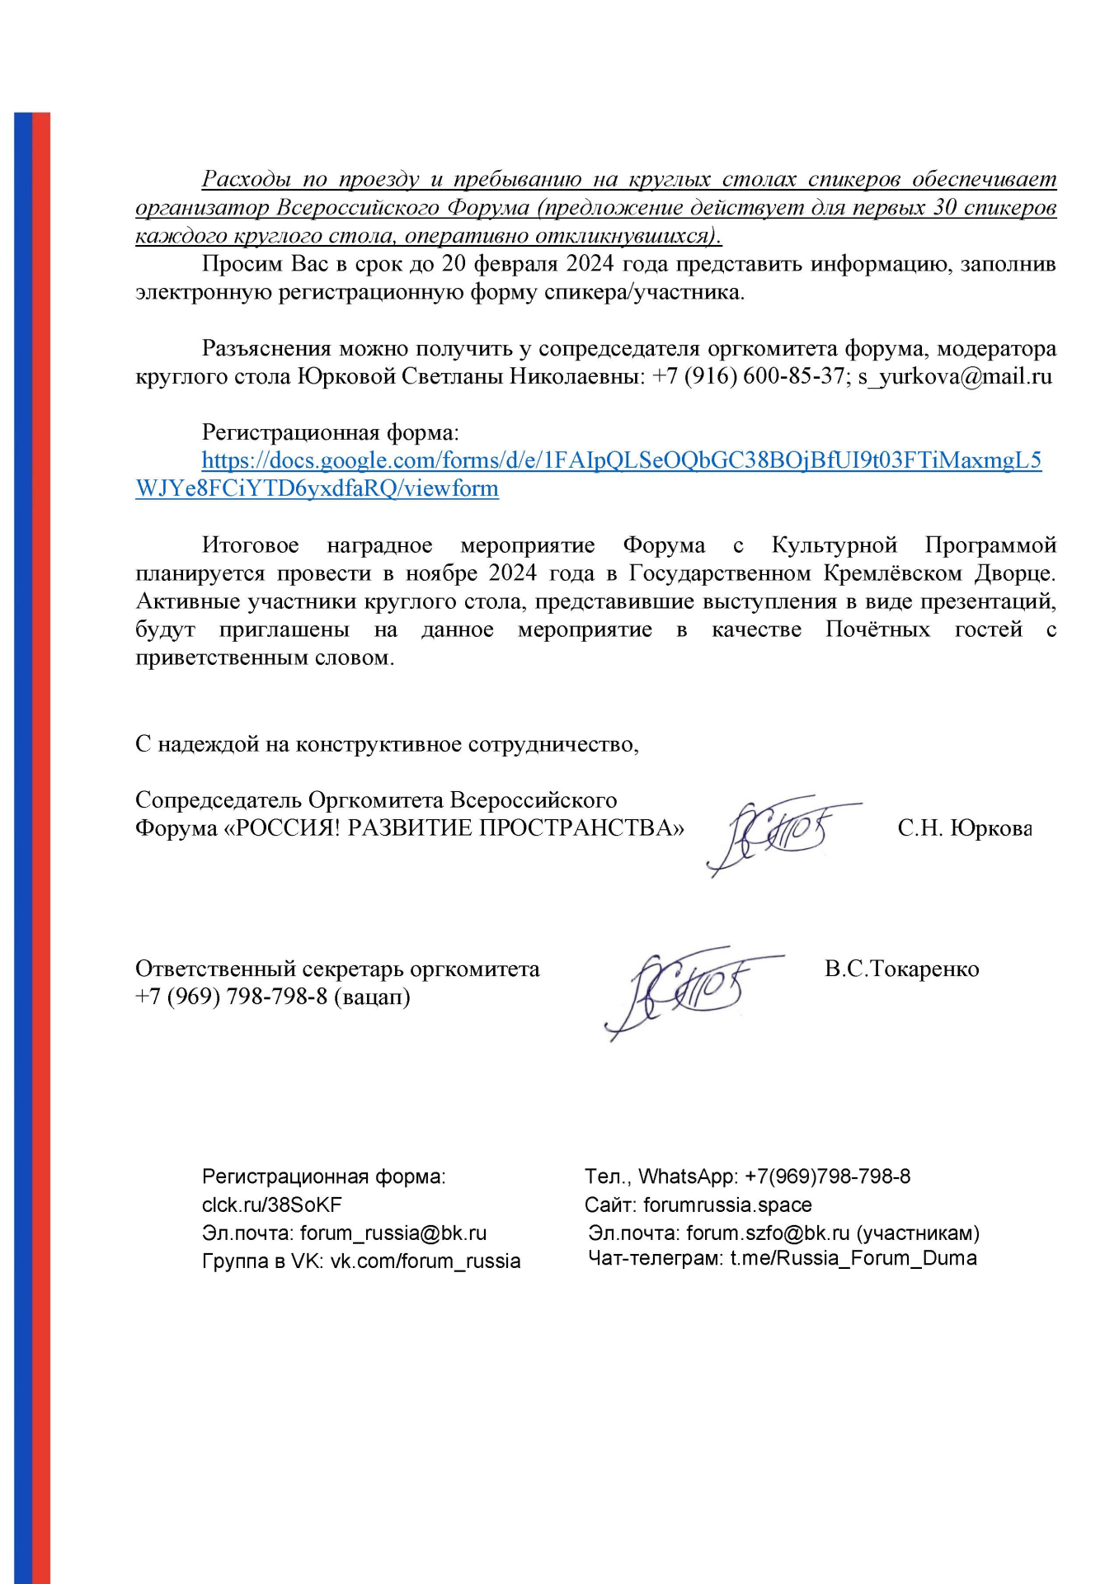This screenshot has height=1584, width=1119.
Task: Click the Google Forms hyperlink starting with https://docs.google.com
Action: pyautogui.click(x=621, y=460)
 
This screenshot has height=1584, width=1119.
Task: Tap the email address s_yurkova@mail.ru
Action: pyautogui.click(x=955, y=376)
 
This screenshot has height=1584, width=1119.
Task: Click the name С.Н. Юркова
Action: pyautogui.click(x=964, y=828)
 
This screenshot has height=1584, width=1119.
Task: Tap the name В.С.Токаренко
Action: pyautogui.click(x=901, y=969)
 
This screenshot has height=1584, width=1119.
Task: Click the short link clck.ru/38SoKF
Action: pyautogui.click(x=271, y=1204)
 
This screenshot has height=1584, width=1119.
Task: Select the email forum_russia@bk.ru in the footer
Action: pyautogui.click(x=393, y=1233)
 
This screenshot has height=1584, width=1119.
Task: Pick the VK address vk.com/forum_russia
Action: pyautogui.click(x=425, y=1261)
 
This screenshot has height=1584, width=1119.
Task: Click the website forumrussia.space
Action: pyautogui.click(x=727, y=1204)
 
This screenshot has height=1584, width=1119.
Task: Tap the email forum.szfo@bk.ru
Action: pyautogui.click(x=767, y=1233)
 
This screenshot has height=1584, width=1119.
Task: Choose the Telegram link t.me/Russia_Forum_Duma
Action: pyautogui.click(x=853, y=1258)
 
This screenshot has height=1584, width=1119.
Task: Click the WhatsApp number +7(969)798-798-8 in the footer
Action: pyautogui.click(x=827, y=1176)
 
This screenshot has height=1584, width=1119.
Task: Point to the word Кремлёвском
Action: pyautogui.click(x=893, y=573)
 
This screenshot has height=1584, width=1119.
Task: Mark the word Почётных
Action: pyautogui.click(x=877, y=629)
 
